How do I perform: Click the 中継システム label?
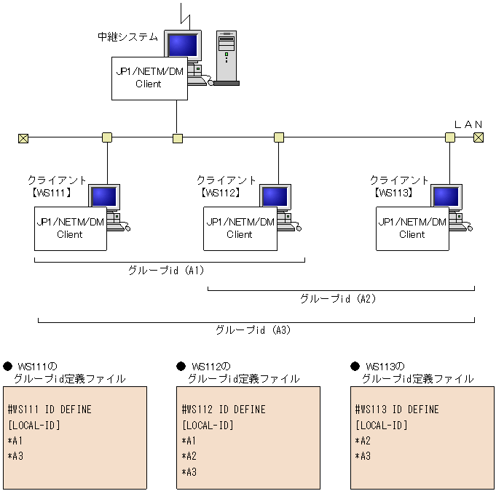point(127,36)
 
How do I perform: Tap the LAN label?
point(468,124)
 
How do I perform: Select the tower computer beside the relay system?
point(227,58)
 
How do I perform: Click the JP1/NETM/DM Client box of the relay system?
point(149,78)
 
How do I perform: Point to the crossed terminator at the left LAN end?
point(23,137)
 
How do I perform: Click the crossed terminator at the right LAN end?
point(478,137)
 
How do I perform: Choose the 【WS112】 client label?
point(221,193)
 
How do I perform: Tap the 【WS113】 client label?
point(394,193)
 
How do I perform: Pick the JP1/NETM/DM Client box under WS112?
point(240,228)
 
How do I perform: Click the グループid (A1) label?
point(166,271)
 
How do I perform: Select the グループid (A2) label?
point(338,298)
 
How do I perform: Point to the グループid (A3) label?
point(253,330)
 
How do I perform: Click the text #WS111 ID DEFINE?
point(50,410)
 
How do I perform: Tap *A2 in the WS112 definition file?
point(189,456)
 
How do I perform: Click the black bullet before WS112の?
point(181,367)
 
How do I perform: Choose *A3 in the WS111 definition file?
point(15,456)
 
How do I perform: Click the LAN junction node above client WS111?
point(107,137)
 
